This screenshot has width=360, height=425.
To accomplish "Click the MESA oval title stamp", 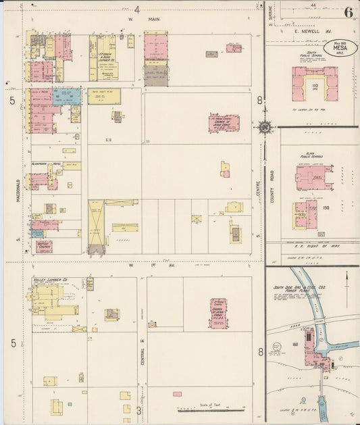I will pyautogui.click(x=340, y=49).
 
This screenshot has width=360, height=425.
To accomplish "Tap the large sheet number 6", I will pyautogui.click(x=349, y=12).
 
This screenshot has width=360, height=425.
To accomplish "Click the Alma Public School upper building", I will pyautogui.click(x=313, y=178).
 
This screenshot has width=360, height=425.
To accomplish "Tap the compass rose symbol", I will pyautogui.click(x=264, y=127).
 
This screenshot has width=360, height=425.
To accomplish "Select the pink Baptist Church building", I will pyautogui.click(x=44, y=247).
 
